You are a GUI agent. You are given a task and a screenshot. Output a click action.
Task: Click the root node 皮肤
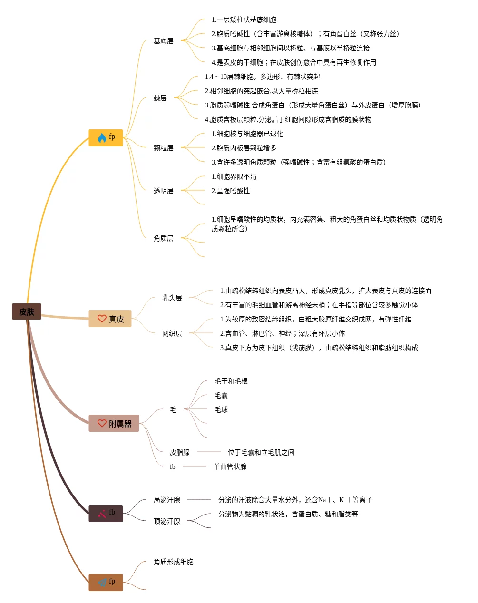tap(27, 311)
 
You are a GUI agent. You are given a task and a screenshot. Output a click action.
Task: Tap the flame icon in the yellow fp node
tap(102, 137)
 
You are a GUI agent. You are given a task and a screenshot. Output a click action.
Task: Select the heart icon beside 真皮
tap(102, 319)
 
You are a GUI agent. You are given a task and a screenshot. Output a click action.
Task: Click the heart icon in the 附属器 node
tap(102, 423)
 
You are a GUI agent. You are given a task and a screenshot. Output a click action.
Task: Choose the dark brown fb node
tap(106, 513)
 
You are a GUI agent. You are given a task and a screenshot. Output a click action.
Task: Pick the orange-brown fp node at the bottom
tap(106, 582)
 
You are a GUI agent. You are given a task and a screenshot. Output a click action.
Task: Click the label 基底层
tap(163, 41)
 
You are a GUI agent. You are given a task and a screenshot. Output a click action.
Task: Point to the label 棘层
tap(160, 98)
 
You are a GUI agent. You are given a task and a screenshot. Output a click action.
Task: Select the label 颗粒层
tap(163, 148)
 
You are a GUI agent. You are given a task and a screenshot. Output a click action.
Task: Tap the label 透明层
tap(163, 191)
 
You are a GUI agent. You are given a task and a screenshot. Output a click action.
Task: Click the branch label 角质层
tap(163, 238)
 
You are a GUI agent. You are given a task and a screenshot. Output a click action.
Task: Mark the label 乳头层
tap(172, 298)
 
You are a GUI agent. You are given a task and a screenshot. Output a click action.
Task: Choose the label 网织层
tap(172, 333)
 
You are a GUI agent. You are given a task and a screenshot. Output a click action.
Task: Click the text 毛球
tap(221, 409)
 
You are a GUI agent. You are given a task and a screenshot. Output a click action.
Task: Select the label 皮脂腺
tap(179, 452)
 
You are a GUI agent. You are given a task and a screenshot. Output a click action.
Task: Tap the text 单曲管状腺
tap(230, 467)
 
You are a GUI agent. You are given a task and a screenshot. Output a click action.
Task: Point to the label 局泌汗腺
tap(166, 500)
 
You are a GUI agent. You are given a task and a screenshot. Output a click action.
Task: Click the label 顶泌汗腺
tap(166, 521)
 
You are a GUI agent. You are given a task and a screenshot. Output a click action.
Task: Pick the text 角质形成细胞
tap(173, 562)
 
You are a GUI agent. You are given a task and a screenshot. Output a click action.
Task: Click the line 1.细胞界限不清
tap(234, 176)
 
